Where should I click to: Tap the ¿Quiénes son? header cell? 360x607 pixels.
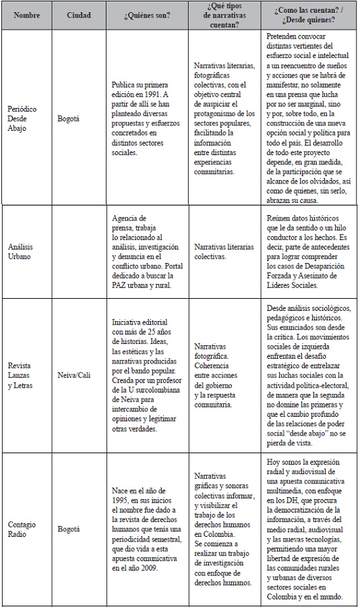[x=143, y=13]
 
